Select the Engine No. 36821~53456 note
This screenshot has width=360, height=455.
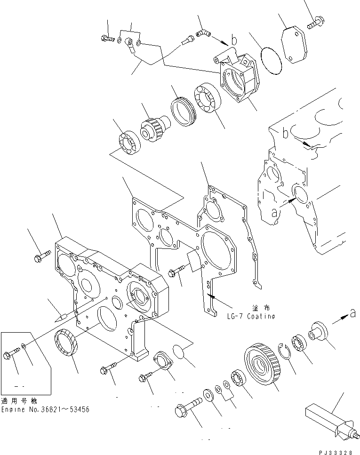click(x=45, y=409)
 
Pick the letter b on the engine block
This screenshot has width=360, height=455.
click(x=286, y=133)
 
